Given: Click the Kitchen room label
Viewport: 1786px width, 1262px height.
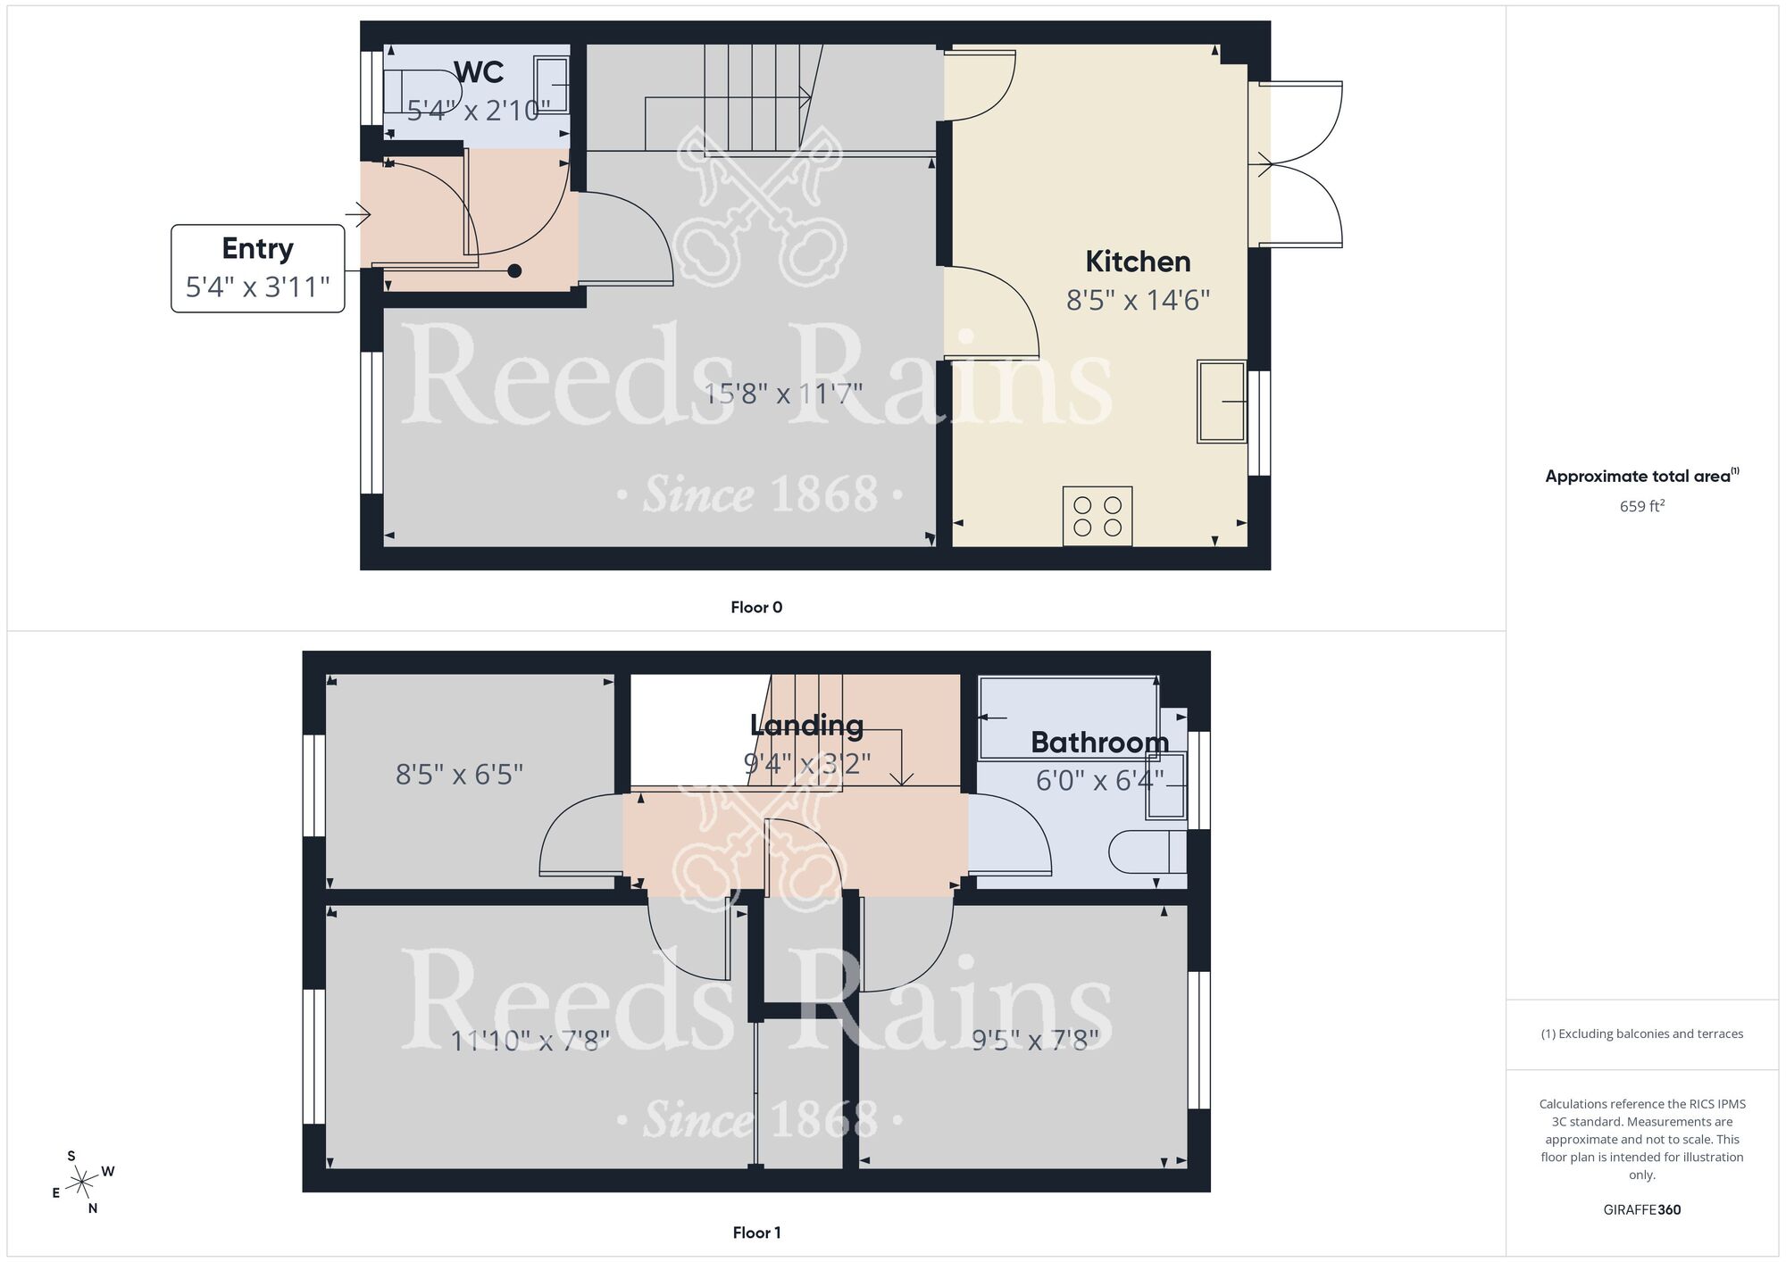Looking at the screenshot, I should click(1138, 262).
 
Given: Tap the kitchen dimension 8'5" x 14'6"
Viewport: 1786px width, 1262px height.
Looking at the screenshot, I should click(1138, 300).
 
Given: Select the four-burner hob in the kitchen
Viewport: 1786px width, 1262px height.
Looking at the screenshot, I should click(1097, 516).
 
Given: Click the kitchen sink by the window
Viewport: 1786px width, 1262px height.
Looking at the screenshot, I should click(1221, 402).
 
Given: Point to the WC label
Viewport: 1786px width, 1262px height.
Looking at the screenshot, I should click(479, 72).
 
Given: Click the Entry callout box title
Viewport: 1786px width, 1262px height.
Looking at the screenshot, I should click(257, 248).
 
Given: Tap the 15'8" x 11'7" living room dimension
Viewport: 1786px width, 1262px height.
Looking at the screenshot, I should click(783, 394).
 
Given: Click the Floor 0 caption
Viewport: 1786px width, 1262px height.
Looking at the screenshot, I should click(756, 608).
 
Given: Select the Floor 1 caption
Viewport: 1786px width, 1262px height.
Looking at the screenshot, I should click(756, 1233).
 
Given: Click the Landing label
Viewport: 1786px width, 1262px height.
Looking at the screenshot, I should click(806, 726).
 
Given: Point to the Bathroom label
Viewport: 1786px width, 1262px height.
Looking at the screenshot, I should click(1099, 743).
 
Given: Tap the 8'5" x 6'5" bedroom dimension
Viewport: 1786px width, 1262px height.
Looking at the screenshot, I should click(459, 774).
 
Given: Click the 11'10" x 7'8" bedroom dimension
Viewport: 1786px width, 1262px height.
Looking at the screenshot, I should click(530, 1041).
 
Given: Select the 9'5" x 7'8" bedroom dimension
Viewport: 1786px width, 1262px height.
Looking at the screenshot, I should click(1035, 1041).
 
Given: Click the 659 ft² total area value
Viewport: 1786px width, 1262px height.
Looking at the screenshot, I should click(1641, 506).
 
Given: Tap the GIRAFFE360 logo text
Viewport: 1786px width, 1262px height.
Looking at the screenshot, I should click(1641, 1210).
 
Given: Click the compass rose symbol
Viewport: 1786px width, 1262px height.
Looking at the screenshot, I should click(82, 1183).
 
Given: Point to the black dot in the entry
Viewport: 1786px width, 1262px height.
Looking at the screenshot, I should click(514, 270).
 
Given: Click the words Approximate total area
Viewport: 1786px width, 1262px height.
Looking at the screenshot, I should click(1638, 477).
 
